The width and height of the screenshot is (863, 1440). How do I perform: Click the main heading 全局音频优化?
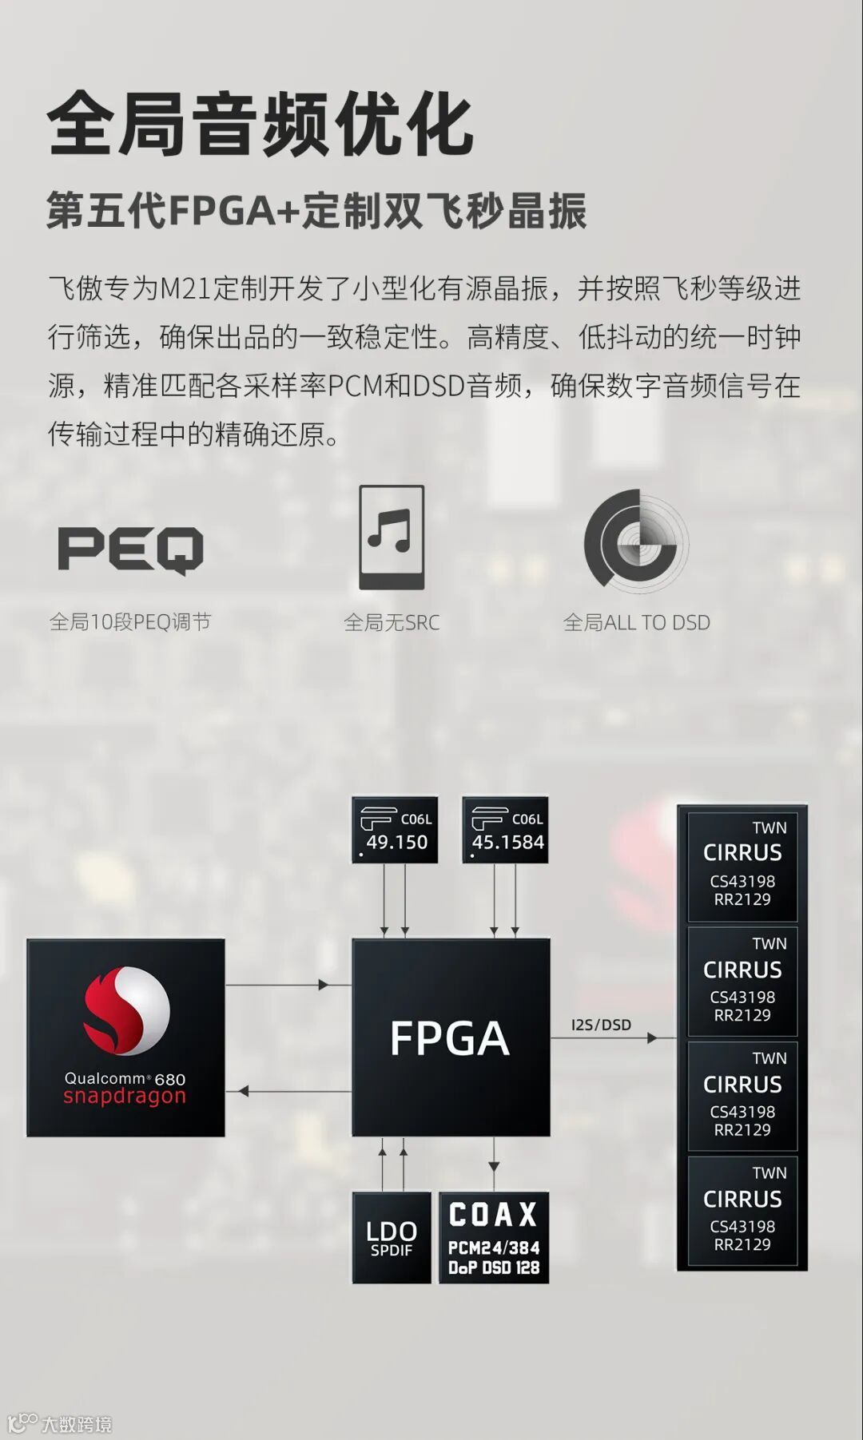[260, 125]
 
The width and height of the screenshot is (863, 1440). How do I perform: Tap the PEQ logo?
[130, 549]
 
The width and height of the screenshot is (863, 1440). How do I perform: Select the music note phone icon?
[392, 537]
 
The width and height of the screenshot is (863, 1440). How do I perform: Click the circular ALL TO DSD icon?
[636, 541]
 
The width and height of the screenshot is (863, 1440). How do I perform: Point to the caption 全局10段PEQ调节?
[130, 622]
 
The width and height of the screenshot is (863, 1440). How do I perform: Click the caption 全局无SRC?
[392, 623]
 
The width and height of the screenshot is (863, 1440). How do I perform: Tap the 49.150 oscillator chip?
[395, 831]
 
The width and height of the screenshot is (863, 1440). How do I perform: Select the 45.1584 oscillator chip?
[506, 831]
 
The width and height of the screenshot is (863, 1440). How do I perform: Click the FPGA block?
[451, 1037]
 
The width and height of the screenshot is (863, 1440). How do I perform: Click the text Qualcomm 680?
[125, 1079]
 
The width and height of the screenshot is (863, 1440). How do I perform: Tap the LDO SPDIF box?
[392, 1238]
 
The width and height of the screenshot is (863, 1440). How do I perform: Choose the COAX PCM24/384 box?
[494, 1238]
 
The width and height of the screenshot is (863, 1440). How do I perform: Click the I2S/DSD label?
[601, 1025]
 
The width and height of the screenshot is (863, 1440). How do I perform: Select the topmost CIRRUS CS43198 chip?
[742, 865]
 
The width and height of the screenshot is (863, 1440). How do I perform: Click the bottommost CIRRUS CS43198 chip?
[742, 1211]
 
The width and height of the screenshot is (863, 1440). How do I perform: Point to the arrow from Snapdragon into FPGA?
[288, 985]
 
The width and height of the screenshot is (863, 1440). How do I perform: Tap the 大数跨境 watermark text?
[76, 1424]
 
